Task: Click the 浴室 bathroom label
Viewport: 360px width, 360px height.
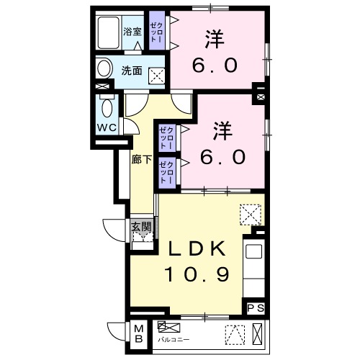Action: click(x=132, y=32)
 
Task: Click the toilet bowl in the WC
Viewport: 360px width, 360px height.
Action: click(x=107, y=109)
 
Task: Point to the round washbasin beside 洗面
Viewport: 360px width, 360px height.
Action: click(x=104, y=70)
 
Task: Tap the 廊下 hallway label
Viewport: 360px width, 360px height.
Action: click(x=141, y=160)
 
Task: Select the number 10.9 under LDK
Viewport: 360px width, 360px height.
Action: click(x=199, y=274)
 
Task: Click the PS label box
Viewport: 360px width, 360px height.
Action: click(x=256, y=307)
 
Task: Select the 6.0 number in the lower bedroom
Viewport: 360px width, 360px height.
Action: click(x=224, y=156)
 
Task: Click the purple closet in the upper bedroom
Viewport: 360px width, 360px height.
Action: click(x=156, y=32)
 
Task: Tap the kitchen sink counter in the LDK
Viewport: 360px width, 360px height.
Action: click(x=255, y=262)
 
